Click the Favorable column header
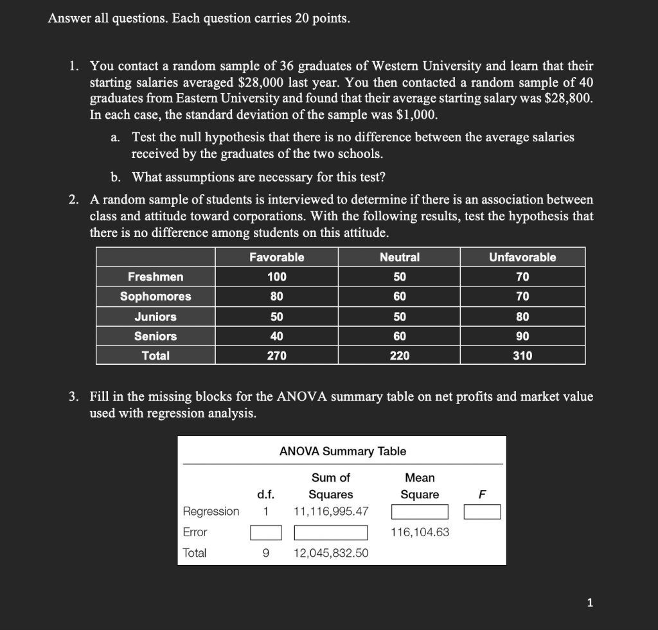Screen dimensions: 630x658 [276, 257]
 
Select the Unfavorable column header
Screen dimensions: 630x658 [522, 257]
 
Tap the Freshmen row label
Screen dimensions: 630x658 [156, 277]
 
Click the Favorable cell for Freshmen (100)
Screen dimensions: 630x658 [276, 277]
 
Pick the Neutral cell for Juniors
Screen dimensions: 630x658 [400, 317]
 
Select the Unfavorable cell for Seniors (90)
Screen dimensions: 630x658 [522, 336]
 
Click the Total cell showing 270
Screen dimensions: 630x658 [276, 356]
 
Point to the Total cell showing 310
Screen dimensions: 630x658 [522, 356]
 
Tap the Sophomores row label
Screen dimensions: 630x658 [156, 297]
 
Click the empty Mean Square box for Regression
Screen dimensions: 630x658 [420, 512]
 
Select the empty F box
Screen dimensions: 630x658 [483, 512]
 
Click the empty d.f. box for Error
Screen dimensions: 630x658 [266, 532]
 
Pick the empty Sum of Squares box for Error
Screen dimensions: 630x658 [331, 532]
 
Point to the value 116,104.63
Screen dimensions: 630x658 [420, 532]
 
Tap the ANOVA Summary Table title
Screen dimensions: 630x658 [342, 451]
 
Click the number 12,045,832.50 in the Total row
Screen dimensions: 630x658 [331, 553]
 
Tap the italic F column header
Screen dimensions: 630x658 [483, 494]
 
